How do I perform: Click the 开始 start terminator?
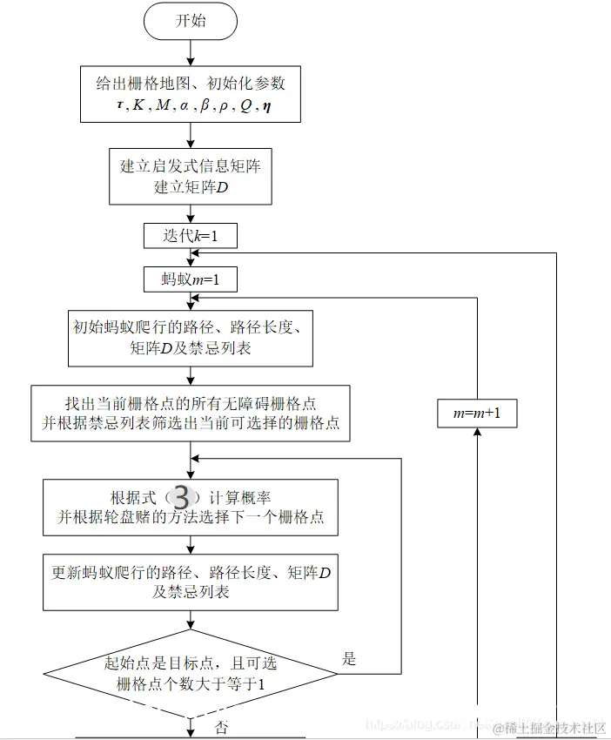[x=190, y=21]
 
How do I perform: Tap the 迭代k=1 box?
[x=190, y=236]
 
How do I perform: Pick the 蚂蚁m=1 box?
[x=190, y=279]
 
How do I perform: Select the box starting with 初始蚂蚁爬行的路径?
[x=190, y=338]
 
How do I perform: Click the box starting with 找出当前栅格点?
[x=190, y=414]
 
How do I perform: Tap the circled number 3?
[x=181, y=497]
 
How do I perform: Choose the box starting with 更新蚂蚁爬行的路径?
[x=190, y=582]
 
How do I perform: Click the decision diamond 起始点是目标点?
[x=190, y=673]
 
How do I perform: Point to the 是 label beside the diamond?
[x=349, y=659]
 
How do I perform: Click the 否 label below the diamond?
[x=221, y=728]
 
